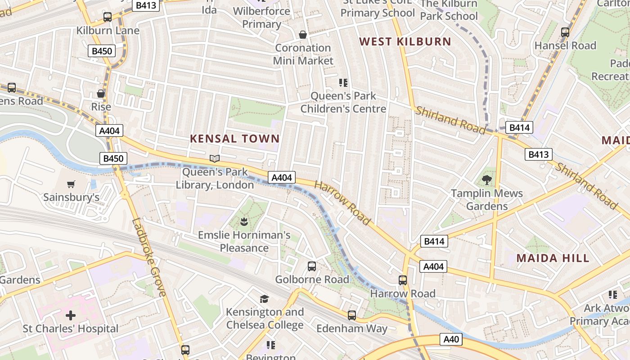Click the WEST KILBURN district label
click(x=405, y=42)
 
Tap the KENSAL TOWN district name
click(x=234, y=139)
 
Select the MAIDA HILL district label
click(x=553, y=258)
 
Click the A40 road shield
click(x=451, y=339)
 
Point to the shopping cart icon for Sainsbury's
click(x=71, y=184)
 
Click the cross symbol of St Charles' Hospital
click(x=71, y=315)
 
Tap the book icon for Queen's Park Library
click(x=215, y=158)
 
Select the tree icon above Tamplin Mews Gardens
click(x=486, y=180)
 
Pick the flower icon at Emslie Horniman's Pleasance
click(x=244, y=221)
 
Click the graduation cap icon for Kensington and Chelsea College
click(x=264, y=299)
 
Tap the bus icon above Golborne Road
click(x=312, y=266)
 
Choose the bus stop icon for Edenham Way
click(x=352, y=315)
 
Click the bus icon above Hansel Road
click(x=565, y=32)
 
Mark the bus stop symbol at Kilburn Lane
click(x=108, y=18)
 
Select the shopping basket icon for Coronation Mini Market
click(x=303, y=35)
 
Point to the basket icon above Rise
click(x=101, y=94)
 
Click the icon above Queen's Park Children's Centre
click(x=343, y=83)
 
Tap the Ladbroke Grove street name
click(x=149, y=257)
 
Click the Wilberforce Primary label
click(x=262, y=17)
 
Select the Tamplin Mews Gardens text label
click(x=487, y=200)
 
